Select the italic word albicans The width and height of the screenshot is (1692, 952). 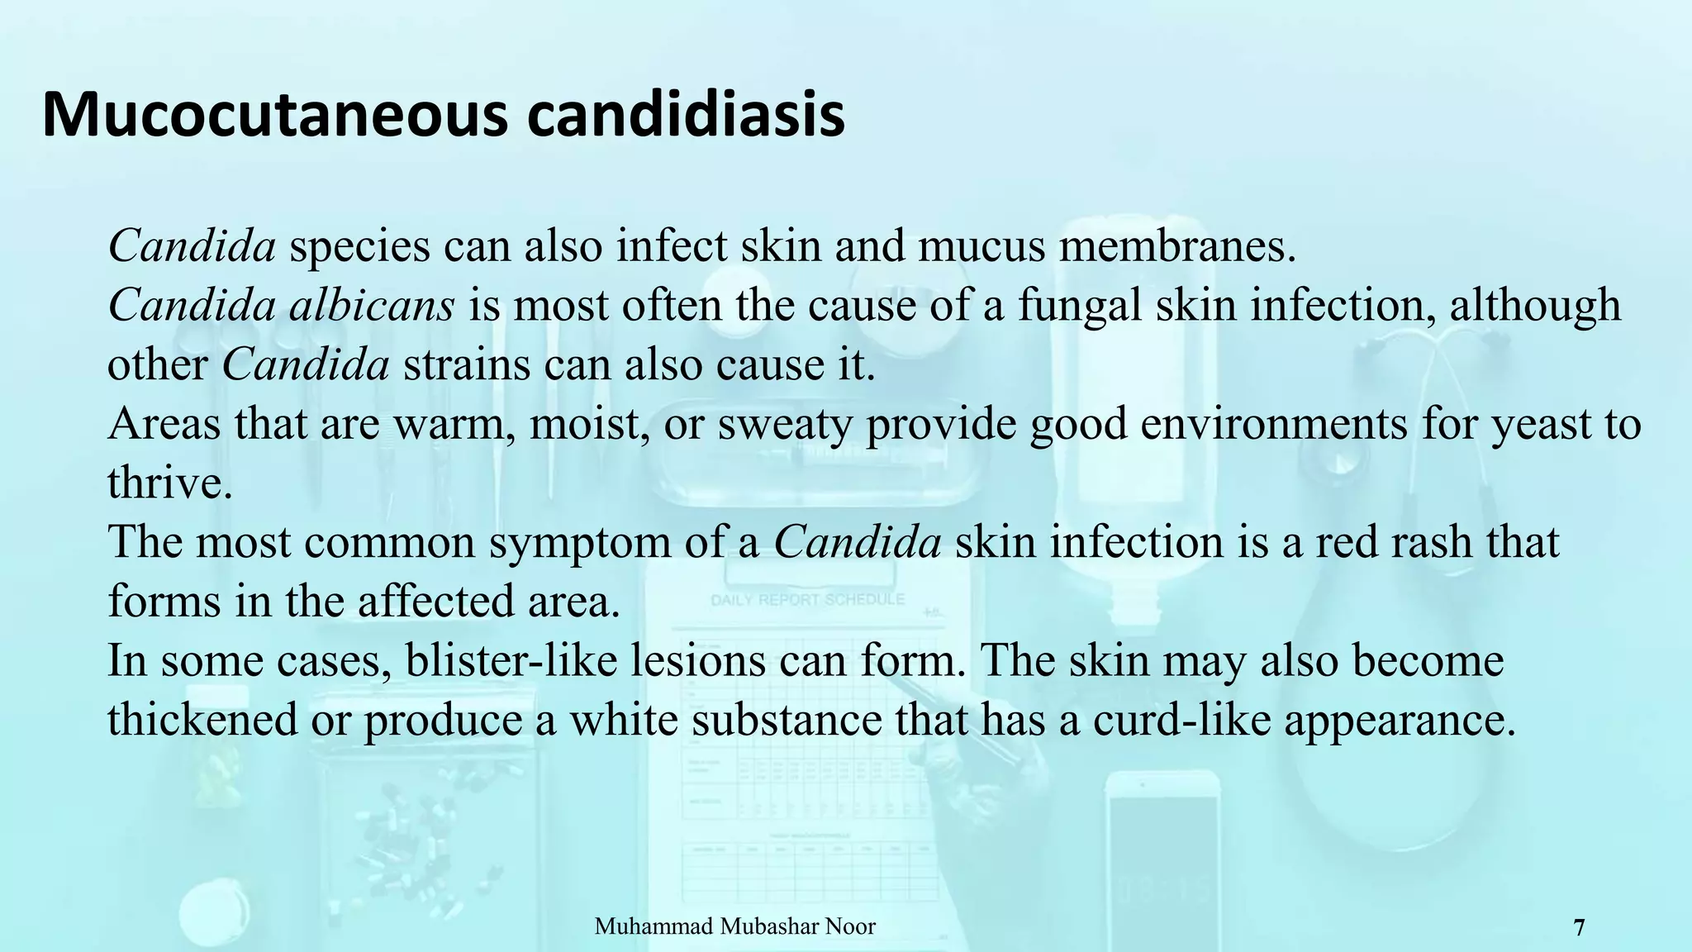pos(372,305)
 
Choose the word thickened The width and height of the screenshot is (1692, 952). pos(202,720)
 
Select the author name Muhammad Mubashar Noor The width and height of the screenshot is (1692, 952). pos(734,926)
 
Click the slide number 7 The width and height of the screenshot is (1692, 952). pos(1579,928)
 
